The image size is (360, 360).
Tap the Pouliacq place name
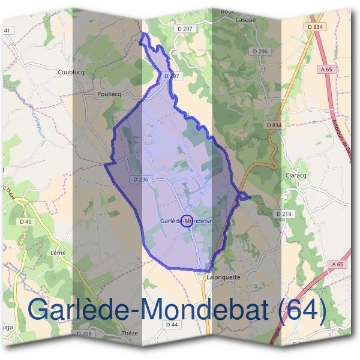click(x=109, y=94)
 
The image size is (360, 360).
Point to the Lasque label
click(x=246, y=20)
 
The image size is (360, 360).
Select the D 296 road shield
click(x=260, y=52)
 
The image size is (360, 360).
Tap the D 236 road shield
click(x=139, y=179)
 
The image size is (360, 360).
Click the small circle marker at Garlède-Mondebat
click(x=186, y=221)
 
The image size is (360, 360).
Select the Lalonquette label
click(x=223, y=277)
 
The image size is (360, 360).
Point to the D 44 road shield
click(x=172, y=325)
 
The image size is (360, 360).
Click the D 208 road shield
click(x=85, y=333)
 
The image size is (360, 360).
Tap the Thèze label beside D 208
click(x=129, y=333)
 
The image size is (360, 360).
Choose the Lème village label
click(x=59, y=253)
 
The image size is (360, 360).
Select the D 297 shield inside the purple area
click(x=171, y=76)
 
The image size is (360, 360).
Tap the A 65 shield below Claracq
click(x=338, y=264)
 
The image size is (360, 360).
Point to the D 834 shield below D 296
click(x=273, y=125)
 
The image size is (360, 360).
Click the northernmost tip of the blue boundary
click(x=143, y=34)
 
